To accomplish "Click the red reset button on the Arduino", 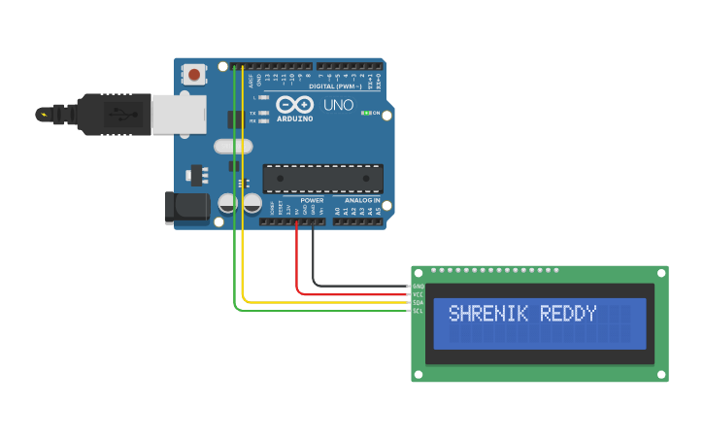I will click(195, 74).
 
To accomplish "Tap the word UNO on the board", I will click(338, 105).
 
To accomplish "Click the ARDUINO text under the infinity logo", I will click(295, 118).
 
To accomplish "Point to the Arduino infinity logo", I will click(294, 104).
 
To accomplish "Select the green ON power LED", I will click(364, 114).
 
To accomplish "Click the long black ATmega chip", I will click(322, 178).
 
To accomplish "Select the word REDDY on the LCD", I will click(569, 314).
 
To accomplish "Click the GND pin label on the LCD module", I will click(419, 287).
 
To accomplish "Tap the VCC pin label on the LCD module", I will click(419, 294).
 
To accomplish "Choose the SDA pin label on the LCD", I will click(419, 302).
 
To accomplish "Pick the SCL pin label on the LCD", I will click(419, 310).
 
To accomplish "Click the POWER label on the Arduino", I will click(312, 200).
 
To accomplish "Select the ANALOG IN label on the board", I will click(363, 200).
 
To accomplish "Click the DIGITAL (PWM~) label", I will click(335, 86).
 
